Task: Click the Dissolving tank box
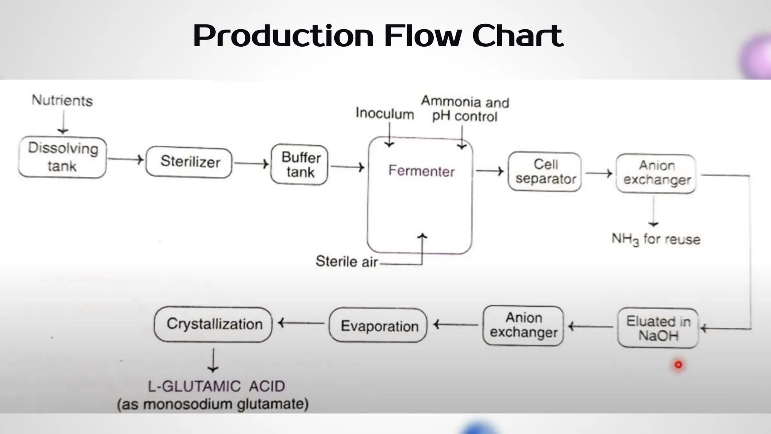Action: (62, 157)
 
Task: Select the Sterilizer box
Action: (189, 162)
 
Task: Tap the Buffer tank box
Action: (300, 165)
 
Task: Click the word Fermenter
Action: (421, 171)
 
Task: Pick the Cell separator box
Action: (545, 172)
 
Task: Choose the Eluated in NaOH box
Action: (658, 328)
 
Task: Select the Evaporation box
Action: (378, 325)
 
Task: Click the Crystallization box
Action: (213, 324)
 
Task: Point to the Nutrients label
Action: (62, 101)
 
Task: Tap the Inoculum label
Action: (384, 113)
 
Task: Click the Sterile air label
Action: (346, 261)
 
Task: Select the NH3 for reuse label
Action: (656, 239)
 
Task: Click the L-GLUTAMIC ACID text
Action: (216, 387)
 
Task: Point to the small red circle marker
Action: (678, 365)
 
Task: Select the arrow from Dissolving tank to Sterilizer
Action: (126, 159)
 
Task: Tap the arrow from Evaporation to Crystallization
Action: (301, 323)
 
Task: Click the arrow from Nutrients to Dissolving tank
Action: (63, 122)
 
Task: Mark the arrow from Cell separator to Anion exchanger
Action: (599, 173)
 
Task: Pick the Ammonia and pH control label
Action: (465, 109)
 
